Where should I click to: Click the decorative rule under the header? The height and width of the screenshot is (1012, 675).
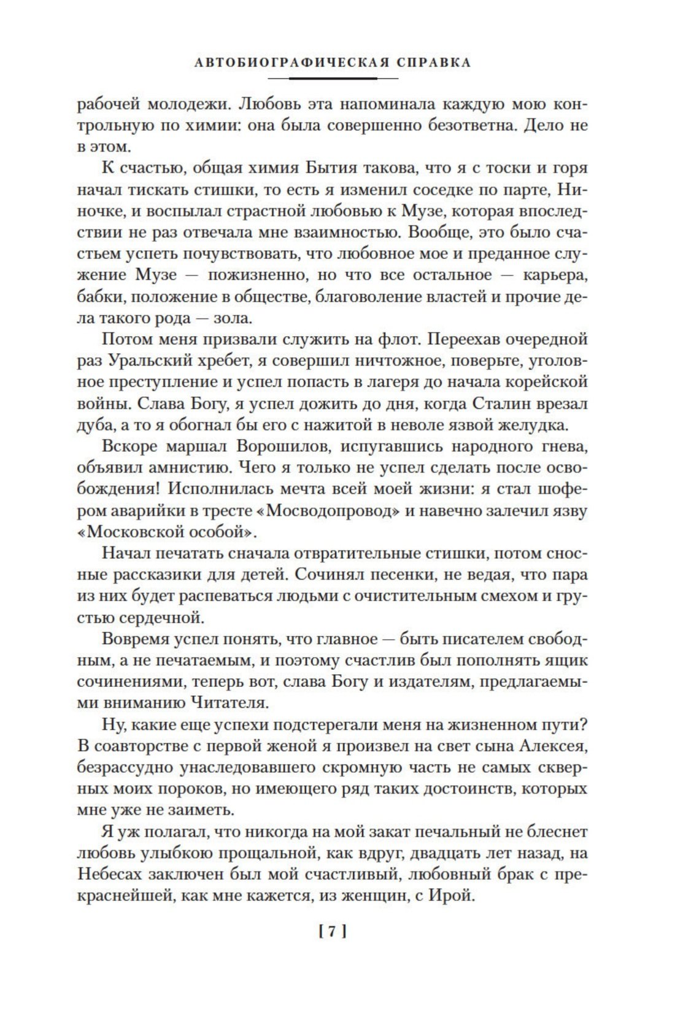point(337,79)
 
